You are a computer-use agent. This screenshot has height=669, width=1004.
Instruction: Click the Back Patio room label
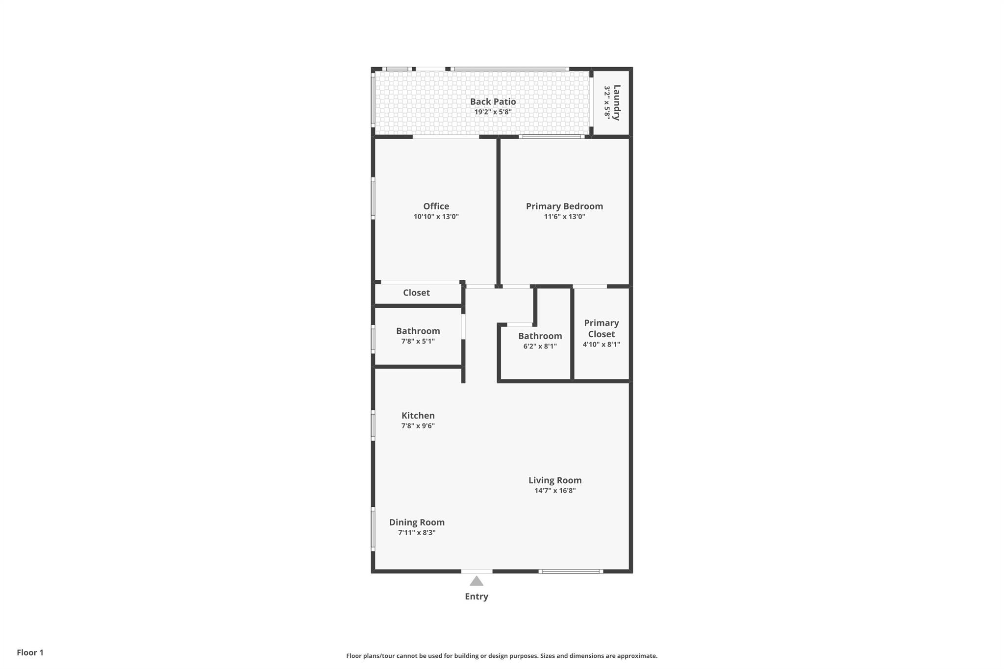(x=493, y=101)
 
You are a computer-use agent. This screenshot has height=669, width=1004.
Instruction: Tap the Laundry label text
(x=617, y=102)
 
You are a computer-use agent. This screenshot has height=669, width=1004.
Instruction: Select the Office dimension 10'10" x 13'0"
(x=436, y=217)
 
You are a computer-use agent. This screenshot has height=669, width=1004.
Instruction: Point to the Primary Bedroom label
(x=564, y=206)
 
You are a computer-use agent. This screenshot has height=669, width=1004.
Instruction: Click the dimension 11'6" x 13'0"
(x=564, y=217)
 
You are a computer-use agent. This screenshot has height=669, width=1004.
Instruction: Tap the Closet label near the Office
(x=416, y=293)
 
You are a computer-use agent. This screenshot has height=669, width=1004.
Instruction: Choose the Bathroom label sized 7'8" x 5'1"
(x=418, y=331)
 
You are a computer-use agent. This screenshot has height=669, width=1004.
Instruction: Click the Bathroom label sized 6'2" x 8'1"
(x=540, y=336)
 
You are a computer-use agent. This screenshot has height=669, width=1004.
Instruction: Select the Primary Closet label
(x=601, y=328)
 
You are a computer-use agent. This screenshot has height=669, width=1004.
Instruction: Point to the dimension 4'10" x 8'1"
(x=601, y=344)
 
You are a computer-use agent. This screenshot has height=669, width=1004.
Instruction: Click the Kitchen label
(x=418, y=416)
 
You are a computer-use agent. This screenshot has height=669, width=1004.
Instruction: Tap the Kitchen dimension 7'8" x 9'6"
(x=418, y=426)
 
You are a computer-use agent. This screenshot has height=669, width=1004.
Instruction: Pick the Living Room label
(x=555, y=480)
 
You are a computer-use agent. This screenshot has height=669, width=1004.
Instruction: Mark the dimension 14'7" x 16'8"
(x=555, y=491)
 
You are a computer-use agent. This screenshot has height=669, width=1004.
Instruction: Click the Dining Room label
(x=417, y=522)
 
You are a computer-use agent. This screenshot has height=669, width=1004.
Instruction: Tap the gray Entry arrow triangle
(x=477, y=581)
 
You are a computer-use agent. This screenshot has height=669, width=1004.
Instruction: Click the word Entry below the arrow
(x=477, y=596)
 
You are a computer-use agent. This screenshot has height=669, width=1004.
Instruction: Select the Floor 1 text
(x=30, y=652)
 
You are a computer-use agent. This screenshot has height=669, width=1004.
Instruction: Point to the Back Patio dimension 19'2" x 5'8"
(x=493, y=112)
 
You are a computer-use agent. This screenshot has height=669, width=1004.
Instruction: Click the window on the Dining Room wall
(x=373, y=529)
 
